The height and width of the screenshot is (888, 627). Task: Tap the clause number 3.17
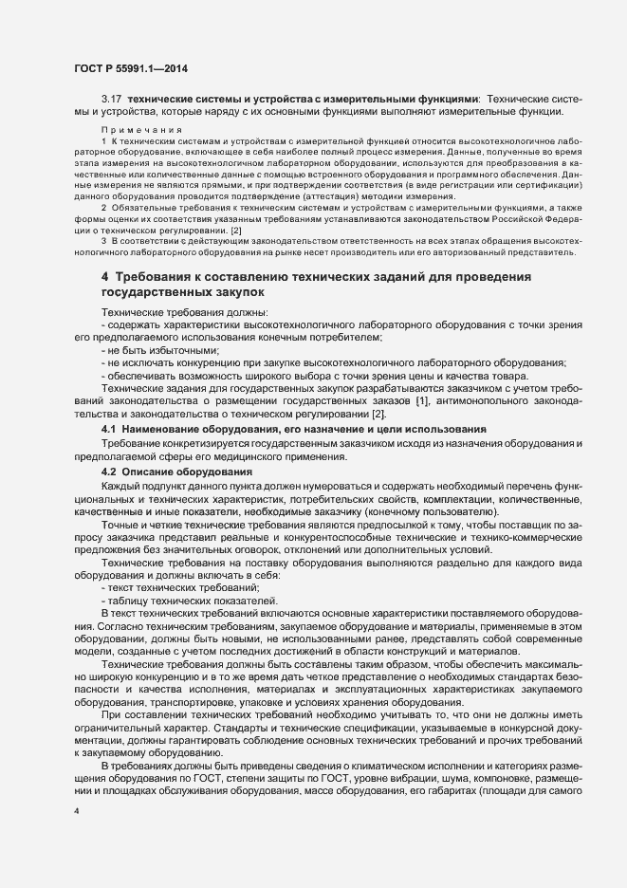111,100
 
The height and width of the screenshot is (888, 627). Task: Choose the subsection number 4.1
109,430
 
